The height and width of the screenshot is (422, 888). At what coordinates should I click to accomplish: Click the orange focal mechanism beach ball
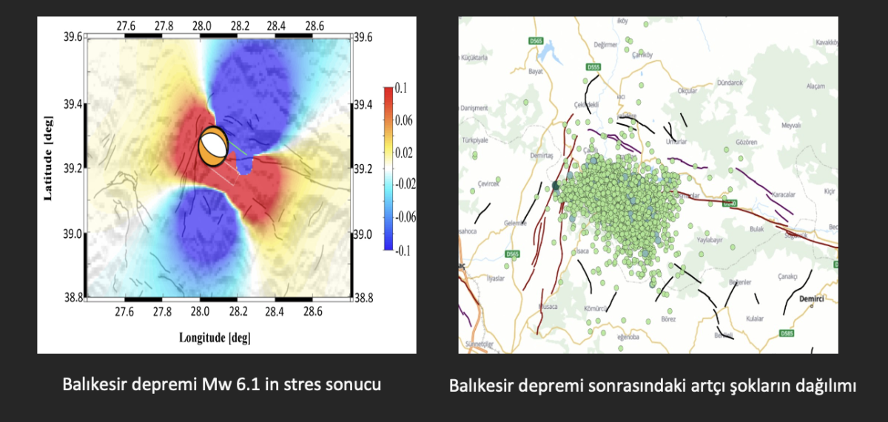point(213,147)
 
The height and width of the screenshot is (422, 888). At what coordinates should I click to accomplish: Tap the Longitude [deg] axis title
point(215,338)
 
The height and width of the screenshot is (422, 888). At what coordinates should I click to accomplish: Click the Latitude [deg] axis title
point(49,157)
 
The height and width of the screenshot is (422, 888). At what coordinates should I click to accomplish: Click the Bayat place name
point(538,72)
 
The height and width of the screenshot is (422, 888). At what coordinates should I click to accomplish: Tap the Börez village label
point(647,319)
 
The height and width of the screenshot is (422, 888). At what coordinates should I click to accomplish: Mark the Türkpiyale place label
point(477,139)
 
